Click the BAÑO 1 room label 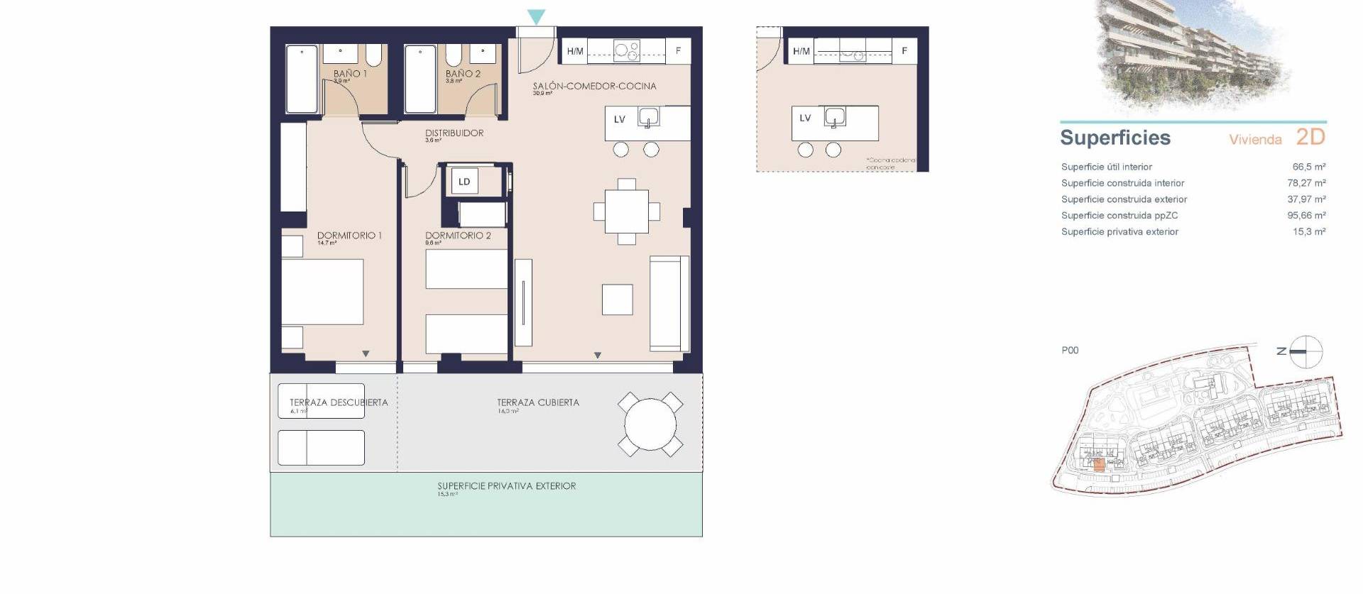coord(350,74)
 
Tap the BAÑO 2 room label coord(463,74)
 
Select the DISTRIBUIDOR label coord(454,133)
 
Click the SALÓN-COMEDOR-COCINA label coord(594,87)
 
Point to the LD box coord(464,182)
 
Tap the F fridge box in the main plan coord(678,51)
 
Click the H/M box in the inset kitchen coord(801,51)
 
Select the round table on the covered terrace coord(650,425)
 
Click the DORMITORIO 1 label coord(349,236)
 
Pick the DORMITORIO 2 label coord(458,236)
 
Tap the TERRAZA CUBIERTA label coord(538,402)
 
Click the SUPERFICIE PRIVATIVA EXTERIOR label coord(506,486)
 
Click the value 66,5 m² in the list coord(1308,167)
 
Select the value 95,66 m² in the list coord(1306,215)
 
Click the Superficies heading coord(1115,138)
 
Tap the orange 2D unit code coord(1310,137)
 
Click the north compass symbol coord(1305,351)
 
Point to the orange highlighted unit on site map coord(1099,466)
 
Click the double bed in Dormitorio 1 coord(323,292)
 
